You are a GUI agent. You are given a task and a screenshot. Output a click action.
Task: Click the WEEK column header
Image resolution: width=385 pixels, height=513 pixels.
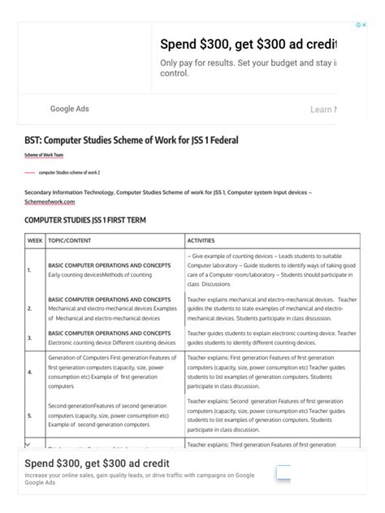tap(35, 241)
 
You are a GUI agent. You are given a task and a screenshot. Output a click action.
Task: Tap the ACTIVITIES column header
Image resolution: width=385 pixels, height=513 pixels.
tap(206, 241)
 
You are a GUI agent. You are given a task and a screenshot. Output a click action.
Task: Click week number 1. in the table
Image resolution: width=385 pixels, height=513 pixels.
tap(29, 270)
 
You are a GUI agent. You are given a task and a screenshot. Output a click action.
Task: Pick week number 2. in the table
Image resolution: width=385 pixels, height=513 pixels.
tap(29, 308)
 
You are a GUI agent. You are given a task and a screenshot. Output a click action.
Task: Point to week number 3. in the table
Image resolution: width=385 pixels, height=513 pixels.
tap(29, 337)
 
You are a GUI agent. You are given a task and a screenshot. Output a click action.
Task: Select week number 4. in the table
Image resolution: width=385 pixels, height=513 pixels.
tap(29, 372)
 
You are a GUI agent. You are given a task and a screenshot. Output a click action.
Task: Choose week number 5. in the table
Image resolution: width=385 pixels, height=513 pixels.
tap(29, 415)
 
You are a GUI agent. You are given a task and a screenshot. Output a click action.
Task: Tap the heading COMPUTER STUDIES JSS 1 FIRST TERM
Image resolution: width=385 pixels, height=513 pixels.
tap(85, 220)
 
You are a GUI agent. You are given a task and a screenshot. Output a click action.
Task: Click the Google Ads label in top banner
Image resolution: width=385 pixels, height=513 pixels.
tap(69, 109)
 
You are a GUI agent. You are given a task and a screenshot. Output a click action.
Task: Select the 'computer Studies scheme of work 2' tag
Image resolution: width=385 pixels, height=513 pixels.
tap(75, 173)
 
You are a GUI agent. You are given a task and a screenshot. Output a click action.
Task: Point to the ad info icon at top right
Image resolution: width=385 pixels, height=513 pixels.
tap(359, 25)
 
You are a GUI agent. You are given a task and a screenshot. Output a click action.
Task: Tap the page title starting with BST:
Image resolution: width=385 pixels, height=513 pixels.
tap(132, 140)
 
